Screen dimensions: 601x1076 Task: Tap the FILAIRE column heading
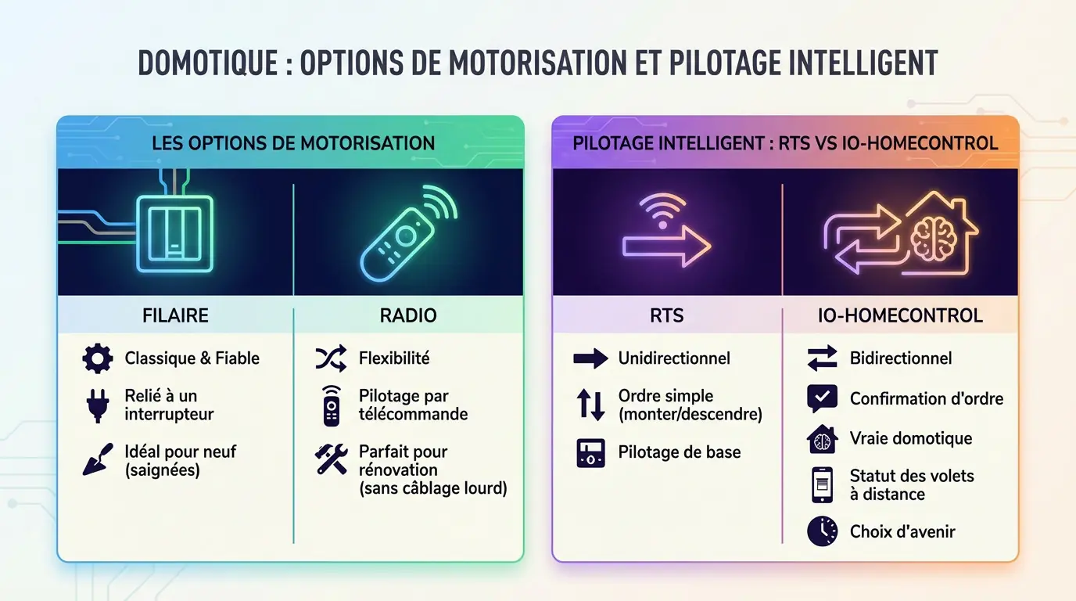(175, 316)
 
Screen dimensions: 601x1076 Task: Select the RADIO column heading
(407, 316)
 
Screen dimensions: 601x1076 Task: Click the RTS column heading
(666, 316)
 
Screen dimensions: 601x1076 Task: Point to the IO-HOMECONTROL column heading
(900, 316)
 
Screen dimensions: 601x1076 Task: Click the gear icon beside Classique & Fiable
(98, 359)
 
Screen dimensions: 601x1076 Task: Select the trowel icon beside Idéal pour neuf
(98, 459)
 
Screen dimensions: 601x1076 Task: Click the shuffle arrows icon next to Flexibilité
(331, 358)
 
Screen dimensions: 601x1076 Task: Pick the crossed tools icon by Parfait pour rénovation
(331, 459)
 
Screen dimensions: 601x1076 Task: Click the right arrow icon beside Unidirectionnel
(590, 359)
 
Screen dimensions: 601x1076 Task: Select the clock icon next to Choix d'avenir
(822, 531)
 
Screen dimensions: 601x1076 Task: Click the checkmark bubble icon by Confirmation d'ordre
(822, 398)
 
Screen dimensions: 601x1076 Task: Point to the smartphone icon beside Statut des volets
(822, 484)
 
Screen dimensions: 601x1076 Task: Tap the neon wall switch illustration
(174, 233)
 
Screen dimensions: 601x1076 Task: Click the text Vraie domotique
(911, 438)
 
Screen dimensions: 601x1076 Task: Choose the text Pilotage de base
(679, 452)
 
